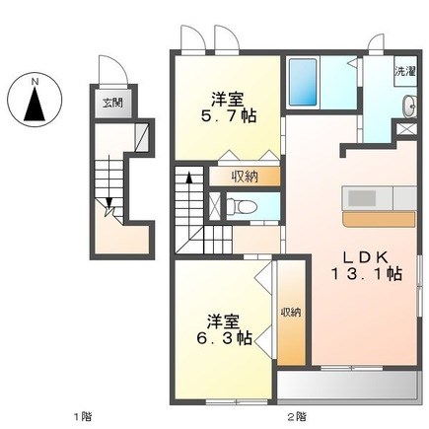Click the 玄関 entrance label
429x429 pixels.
112,104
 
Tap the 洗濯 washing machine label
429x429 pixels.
405,72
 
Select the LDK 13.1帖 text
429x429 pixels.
366,266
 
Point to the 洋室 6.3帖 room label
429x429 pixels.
224,329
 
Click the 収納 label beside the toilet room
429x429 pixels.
245,178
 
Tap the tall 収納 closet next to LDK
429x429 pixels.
291,313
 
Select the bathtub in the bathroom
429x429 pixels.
303,83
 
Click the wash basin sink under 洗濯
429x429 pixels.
409,107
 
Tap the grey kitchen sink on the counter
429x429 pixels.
362,198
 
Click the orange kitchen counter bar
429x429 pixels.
379,219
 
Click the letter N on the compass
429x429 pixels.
35,82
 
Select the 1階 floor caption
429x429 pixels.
82,417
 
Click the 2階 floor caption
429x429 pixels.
297,417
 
